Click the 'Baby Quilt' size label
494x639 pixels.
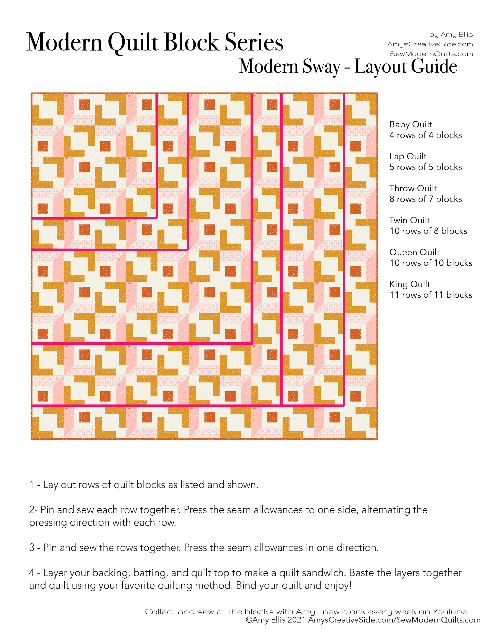[x=410, y=124]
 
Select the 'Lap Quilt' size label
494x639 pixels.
[x=408, y=157]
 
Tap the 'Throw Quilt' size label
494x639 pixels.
[x=413, y=188]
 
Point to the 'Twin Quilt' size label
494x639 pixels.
[x=409, y=220]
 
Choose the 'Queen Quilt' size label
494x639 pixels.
[x=414, y=252]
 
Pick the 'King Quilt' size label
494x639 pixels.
[x=409, y=284]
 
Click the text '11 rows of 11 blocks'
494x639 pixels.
[x=431, y=295]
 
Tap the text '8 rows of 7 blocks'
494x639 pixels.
[x=425, y=199]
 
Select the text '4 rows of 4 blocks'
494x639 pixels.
[x=425, y=135]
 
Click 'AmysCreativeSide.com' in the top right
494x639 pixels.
[x=430, y=44]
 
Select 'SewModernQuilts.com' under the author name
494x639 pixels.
[x=431, y=54]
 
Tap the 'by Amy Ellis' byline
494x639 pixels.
[x=451, y=35]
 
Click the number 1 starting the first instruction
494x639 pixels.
[x=32, y=485]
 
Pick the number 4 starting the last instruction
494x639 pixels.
[x=32, y=573]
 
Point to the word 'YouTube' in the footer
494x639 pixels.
[x=450, y=612]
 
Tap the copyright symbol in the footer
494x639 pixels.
[x=249, y=620]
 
